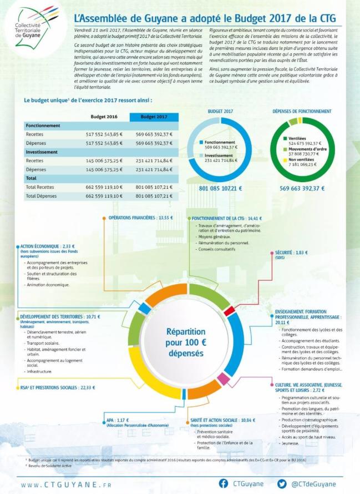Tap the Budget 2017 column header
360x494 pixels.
[154, 117]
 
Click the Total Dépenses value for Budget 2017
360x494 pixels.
[154, 196]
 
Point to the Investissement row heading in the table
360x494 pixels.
[45, 152]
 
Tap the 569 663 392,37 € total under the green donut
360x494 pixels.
[302, 188]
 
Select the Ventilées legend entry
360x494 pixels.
[297, 138]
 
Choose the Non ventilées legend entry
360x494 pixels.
[300, 159]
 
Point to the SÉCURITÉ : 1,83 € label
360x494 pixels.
[291, 253]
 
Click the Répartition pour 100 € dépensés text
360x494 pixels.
[182, 342]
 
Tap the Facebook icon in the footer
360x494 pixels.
[224, 483]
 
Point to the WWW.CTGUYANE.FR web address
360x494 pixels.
[67, 484]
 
